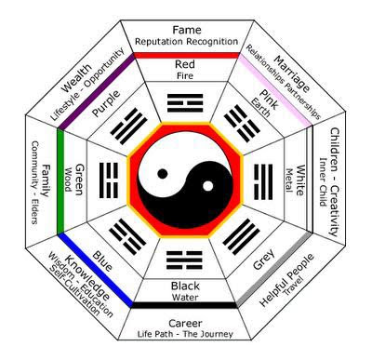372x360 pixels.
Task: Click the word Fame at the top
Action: coord(187,30)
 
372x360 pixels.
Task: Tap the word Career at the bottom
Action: coord(185,324)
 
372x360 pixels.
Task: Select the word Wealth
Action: coord(76,78)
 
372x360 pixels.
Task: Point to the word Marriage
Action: coord(292,73)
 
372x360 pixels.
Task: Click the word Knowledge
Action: coord(87,278)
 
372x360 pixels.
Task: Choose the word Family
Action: coord(46,180)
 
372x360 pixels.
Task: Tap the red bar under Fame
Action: coord(187,55)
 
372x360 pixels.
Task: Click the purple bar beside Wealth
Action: coord(97,91)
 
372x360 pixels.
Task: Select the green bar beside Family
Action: coord(60,181)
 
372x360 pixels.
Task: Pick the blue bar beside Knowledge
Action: coord(95,271)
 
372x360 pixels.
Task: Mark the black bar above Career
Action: coord(184,305)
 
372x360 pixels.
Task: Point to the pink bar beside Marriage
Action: coord(275,90)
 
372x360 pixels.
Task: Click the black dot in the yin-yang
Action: coord(163,174)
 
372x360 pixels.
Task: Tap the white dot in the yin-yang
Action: coord(208,186)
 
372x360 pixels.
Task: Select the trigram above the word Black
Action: coord(184,260)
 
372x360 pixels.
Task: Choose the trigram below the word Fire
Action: coord(185,103)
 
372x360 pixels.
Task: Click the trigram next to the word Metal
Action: coord(263,181)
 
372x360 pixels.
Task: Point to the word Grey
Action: coord(264,259)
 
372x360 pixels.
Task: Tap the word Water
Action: coord(185,298)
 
